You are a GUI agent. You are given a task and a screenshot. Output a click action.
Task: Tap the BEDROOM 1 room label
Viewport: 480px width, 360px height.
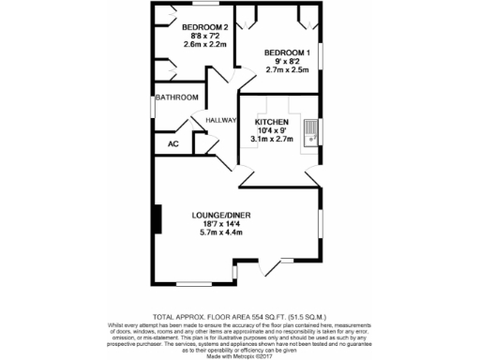point(286,52)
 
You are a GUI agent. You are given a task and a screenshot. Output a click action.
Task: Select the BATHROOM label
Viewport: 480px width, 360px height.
point(177,97)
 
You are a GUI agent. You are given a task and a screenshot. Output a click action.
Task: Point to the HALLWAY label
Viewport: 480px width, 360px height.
point(221,120)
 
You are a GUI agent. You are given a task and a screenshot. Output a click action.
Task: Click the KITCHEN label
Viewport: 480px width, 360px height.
point(272,122)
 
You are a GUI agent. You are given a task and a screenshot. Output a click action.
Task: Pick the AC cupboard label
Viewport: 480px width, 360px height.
point(172,143)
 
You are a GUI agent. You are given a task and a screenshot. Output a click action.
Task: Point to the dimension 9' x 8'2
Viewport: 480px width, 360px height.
point(286,61)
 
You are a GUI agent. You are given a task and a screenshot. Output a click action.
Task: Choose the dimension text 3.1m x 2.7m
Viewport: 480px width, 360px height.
point(272,140)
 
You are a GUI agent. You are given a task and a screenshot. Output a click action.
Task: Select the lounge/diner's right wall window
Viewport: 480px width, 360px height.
point(322,224)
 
